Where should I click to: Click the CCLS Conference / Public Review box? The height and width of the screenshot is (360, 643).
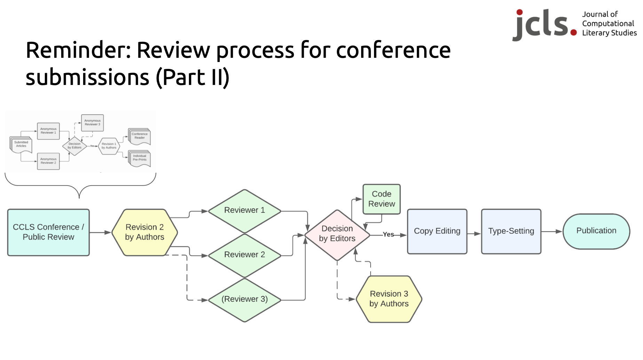coord(48,232)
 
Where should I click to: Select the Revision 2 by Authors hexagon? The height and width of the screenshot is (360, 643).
coord(145,232)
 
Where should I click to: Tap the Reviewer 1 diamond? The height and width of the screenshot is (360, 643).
coord(244,211)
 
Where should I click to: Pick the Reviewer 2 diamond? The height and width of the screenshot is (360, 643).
coord(244,255)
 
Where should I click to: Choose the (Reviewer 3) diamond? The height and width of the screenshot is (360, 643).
coord(244,299)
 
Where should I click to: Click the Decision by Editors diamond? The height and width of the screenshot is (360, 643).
coord(337,234)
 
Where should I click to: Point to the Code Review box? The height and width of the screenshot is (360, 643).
coord(381,199)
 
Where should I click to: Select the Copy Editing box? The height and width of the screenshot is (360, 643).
coord(437,231)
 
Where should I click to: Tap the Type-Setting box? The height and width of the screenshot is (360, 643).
coord(511,231)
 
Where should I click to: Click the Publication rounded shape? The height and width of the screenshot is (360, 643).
coord(596,231)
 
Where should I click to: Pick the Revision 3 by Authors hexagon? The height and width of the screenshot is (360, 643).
coord(389,299)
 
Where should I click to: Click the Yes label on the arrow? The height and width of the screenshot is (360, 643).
coord(388,235)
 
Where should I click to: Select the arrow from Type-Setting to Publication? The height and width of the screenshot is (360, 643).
coord(552,232)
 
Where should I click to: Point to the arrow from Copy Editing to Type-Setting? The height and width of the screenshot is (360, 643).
coord(474,234)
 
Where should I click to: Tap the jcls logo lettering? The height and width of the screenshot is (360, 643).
coord(543,24)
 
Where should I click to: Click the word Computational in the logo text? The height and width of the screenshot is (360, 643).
coord(608,24)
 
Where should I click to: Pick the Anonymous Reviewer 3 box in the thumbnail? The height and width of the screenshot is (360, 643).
coord(92,123)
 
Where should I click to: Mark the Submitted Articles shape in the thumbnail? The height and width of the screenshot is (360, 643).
coord(21,144)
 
